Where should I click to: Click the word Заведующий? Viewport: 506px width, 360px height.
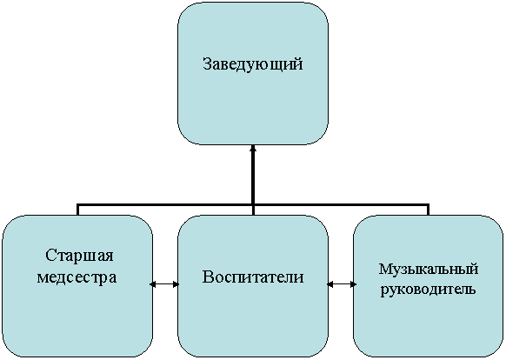(x=253, y=64)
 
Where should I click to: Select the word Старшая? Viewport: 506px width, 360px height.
(x=79, y=256)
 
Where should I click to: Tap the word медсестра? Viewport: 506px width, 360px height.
(x=77, y=277)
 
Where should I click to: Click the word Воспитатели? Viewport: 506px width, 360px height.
(x=253, y=277)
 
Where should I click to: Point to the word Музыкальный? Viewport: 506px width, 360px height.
(x=428, y=270)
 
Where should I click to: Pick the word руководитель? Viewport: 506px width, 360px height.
(x=428, y=290)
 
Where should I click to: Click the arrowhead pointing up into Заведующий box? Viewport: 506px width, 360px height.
(x=253, y=149)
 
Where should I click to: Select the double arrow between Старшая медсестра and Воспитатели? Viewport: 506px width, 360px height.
(x=164, y=284)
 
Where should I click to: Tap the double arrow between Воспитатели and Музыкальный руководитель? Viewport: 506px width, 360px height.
(x=342, y=284)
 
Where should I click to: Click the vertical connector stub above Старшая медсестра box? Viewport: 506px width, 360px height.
(x=77, y=210)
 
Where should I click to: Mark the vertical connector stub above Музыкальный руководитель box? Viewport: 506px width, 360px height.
(x=428, y=210)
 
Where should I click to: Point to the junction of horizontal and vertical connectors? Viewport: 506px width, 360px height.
(x=253, y=204)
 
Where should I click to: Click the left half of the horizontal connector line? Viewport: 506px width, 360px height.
(x=164, y=204)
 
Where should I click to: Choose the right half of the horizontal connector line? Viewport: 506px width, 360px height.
(x=341, y=204)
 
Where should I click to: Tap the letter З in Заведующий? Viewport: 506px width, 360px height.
(x=207, y=64)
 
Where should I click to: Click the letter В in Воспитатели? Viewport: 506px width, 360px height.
(x=208, y=277)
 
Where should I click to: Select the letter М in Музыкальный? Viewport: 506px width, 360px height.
(x=385, y=269)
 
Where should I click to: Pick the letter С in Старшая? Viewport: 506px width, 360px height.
(x=50, y=255)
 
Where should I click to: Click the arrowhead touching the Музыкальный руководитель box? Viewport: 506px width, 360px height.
(x=353, y=284)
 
